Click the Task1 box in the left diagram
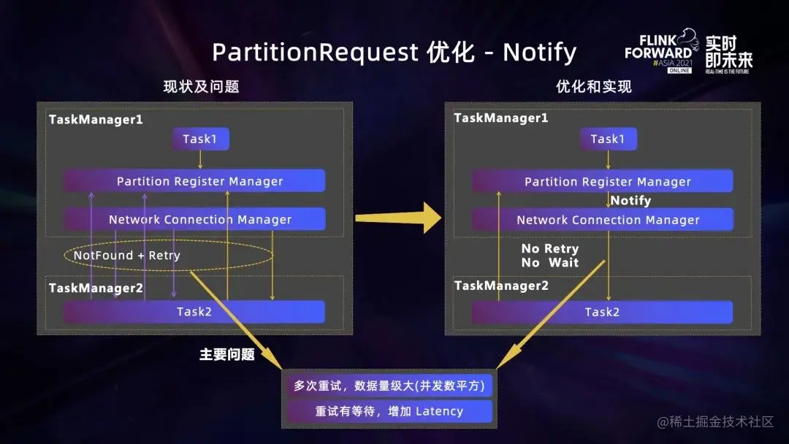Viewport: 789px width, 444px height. (x=200, y=139)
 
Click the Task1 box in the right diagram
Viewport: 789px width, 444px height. (x=608, y=139)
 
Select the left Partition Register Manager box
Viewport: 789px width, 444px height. (x=194, y=181)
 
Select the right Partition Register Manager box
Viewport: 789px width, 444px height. (x=602, y=181)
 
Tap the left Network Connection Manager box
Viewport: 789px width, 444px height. (x=194, y=219)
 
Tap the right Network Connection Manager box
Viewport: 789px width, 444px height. (x=602, y=219)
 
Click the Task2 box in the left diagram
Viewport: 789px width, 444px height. (x=194, y=312)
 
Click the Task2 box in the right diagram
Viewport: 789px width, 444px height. (x=602, y=312)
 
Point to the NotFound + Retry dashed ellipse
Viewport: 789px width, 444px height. (x=169, y=256)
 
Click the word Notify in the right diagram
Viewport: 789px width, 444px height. (x=630, y=200)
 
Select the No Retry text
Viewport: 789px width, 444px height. (x=550, y=249)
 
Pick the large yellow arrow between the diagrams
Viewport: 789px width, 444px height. (x=399, y=218)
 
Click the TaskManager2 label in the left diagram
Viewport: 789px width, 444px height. (x=96, y=288)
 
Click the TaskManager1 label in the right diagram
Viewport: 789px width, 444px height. (x=501, y=118)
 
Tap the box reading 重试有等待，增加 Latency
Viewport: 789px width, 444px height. (x=389, y=411)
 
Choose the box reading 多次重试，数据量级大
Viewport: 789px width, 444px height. (x=389, y=386)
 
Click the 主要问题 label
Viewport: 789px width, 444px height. (x=227, y=354)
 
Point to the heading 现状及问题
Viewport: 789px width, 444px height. (x=201, y=87)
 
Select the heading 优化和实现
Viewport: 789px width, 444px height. (x=594, y=87)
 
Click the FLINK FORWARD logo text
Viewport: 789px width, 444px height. (x=659, y=47)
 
